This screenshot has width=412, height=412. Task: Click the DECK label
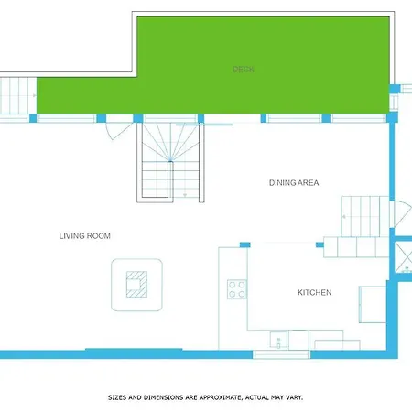pos(244,70)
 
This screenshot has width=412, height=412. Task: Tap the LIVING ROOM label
pos(85,236)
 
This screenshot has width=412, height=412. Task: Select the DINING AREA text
pos(294,183)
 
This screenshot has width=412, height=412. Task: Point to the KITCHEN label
pos(315,292)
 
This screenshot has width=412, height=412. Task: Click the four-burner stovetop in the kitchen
pos(237,289)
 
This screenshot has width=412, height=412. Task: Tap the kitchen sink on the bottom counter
pos(278,340)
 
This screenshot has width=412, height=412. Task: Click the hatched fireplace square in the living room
pos(136,285)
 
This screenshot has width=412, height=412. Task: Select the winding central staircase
pos(170,162)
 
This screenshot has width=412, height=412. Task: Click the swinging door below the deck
pos(117,131)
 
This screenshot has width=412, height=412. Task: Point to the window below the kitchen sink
pos(281,354)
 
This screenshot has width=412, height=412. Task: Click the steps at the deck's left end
pos(18,95)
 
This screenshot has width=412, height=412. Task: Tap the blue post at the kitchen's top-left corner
pos(244,244)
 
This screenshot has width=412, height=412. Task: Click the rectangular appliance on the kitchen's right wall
pos(373,304)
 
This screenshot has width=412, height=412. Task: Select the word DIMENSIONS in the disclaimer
pos(164,397)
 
